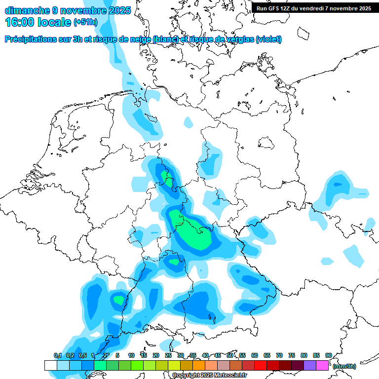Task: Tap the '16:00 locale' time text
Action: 38,22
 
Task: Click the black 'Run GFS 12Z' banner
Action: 313,8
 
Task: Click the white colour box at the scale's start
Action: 50,366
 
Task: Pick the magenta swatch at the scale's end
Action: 322,366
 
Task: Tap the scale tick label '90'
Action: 328,355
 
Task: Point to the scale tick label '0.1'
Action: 57,355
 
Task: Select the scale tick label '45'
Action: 218,355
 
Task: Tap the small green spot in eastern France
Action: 118,299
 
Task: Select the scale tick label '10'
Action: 131,355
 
